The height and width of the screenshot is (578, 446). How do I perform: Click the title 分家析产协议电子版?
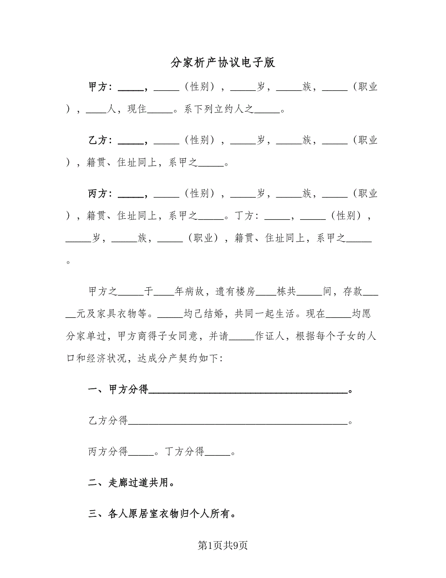tap(223, 63)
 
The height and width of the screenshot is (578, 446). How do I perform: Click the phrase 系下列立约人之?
tap(220, 110)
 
